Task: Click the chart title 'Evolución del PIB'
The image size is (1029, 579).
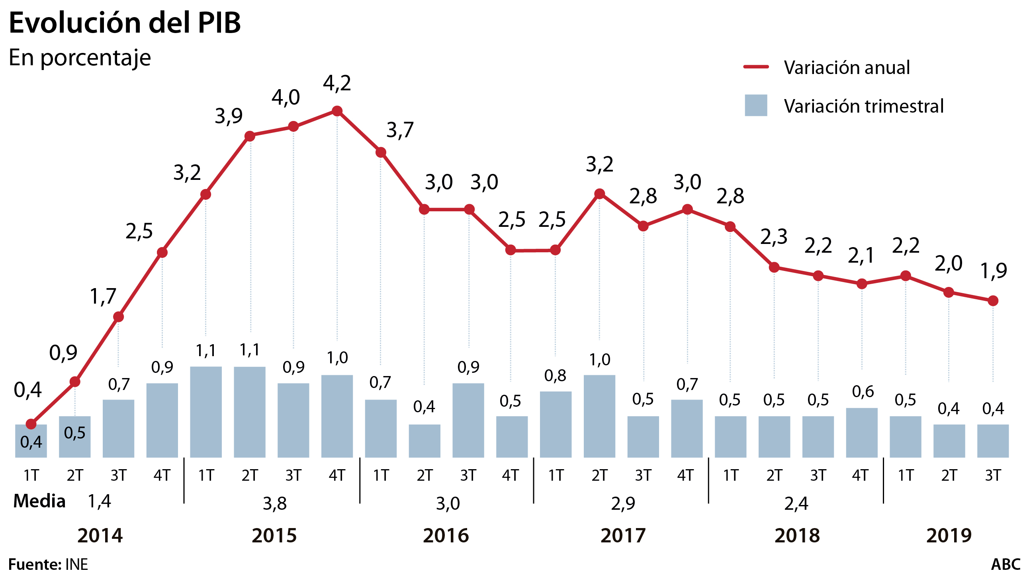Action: point(125,23)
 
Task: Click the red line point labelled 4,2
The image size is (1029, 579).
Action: point(337,111)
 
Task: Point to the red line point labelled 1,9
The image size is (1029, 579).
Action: point(993,301)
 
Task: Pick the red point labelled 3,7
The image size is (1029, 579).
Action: point(381,152)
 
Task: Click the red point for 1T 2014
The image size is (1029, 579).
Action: point(31,424)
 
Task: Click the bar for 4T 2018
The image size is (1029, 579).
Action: point(862,433)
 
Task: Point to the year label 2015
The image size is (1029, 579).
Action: point(274,536)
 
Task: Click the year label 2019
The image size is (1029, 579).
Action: point(949,536)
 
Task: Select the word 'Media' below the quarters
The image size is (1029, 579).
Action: point(39,501)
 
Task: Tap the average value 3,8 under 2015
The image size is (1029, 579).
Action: point(275,503)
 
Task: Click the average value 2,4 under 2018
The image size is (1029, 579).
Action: point(796,503)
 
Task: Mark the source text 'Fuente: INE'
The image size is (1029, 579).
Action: point(48,565)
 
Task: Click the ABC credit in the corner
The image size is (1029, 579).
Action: point(1006,565)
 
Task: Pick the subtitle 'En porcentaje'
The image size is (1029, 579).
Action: point(80,58)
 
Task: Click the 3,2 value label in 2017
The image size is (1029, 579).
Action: point(599,164)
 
